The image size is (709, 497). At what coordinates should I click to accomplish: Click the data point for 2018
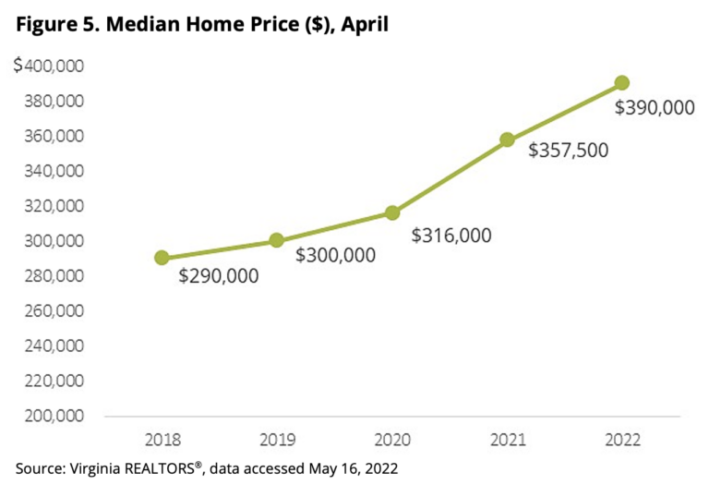162,258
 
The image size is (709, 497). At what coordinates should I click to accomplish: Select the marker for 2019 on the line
276,240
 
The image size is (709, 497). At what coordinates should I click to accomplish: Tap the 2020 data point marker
392,212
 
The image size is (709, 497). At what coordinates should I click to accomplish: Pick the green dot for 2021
507,139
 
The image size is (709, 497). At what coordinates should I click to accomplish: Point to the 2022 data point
622,82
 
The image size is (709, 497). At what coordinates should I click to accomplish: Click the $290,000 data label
219,275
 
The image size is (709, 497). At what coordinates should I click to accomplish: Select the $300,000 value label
335,255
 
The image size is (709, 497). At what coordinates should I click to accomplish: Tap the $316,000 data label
451,236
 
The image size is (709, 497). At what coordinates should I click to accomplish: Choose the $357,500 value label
569,150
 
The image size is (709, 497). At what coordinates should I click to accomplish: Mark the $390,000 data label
655,108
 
